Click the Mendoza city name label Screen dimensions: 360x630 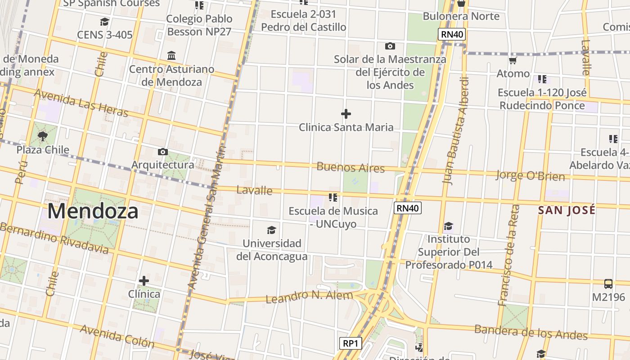92,211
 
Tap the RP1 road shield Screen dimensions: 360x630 350,344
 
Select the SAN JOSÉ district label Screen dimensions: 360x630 567,210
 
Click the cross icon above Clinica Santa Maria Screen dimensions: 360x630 346,114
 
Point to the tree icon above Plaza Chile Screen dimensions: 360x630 43,136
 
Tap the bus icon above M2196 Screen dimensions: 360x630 608,284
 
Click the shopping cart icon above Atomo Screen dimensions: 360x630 513,60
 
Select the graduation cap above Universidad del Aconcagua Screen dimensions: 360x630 271,230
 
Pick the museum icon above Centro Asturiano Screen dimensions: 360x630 171,56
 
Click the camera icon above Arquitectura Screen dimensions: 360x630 163,152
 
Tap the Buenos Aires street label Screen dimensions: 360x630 351,167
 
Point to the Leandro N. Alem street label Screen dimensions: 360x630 309,297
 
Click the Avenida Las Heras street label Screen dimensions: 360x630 81,103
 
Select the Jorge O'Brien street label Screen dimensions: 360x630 530,175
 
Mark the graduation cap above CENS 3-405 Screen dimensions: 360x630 104,22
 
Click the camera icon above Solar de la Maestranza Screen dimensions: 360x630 390,46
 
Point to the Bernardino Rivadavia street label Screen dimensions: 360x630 54,238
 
